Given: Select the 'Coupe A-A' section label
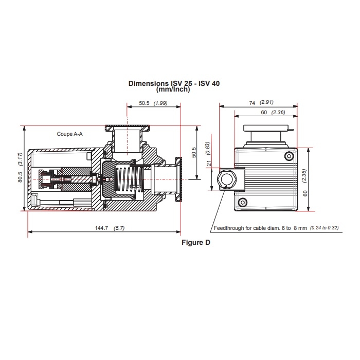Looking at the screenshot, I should [x=70, y=134].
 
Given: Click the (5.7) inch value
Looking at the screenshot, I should [x=118, y=228].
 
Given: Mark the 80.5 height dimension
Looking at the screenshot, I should [x=20, y=176].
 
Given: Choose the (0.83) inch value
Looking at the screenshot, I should [x=209, y=148].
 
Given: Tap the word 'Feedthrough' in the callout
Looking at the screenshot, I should [x=229, y=228].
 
